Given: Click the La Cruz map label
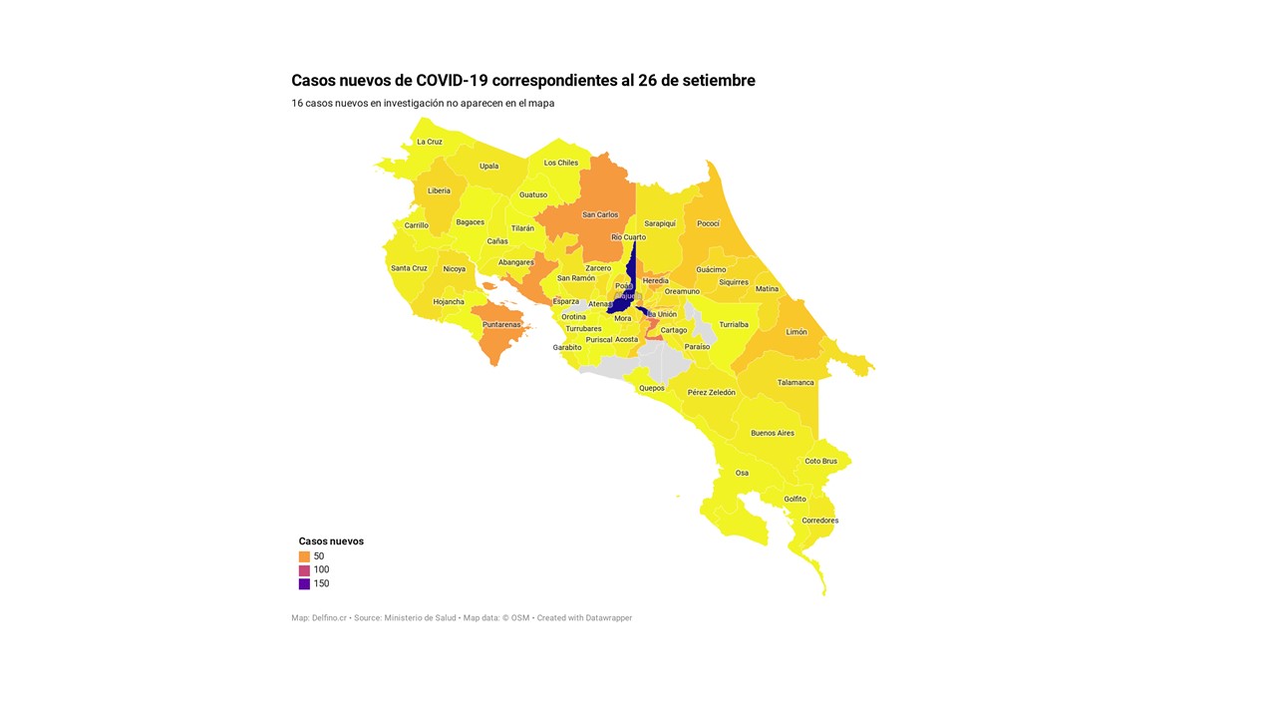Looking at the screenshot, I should pyautogui.click(x=430, y=142).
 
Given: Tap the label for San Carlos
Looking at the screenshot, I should pyautogui.click(x=600, y=214).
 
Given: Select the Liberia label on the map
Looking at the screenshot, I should pyautogui.click(x=439, y=190).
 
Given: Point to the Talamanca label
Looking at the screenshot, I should pyautogui.click(x=796, y=382).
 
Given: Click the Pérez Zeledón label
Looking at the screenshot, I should pyautogui.click(x=712, y=392).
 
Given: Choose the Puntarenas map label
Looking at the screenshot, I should pyautogui.click(x=500, y=324).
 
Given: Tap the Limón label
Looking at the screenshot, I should pyautogui.click(x=797, y=332).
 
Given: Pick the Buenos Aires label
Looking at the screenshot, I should pyautogui.click(x=773, y=433).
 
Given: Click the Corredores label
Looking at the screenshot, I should pyautogui.click(x=820, y=521).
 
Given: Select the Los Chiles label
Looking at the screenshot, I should pyautogui.click(x=561, y=163).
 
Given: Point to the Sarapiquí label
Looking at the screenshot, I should pyautogui.click(x=660, y=223).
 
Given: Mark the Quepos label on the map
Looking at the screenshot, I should pyautogui.click(x=651, y=388).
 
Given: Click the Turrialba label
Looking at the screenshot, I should pyautogui.click(x=734, y=324).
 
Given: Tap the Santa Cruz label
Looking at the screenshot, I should pyautogui.click(x=409, y=268).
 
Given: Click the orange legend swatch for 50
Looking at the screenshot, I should pyautogui.click(x=304, y=556).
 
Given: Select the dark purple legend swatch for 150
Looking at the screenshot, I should pyautogui.click(x=304, y=584).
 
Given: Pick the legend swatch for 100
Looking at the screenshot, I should pyautogui.click(x=304, y=570).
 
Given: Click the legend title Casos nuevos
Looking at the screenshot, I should pyautogui.click(x=331, y=541).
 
